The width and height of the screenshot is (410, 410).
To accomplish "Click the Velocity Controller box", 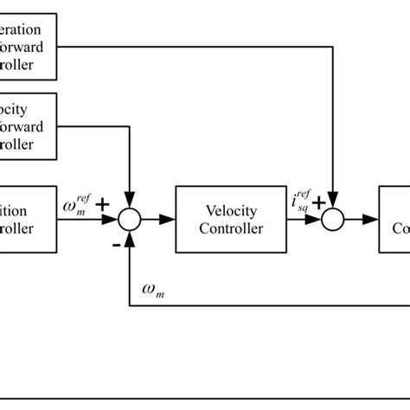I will point(231,221).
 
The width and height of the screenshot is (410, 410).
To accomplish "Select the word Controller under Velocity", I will point(232,229).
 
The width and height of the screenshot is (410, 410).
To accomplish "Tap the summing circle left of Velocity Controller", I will point(129,221).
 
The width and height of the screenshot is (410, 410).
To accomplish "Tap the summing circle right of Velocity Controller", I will point(333,221).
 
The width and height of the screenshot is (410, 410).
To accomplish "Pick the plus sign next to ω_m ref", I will point(103,205).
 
